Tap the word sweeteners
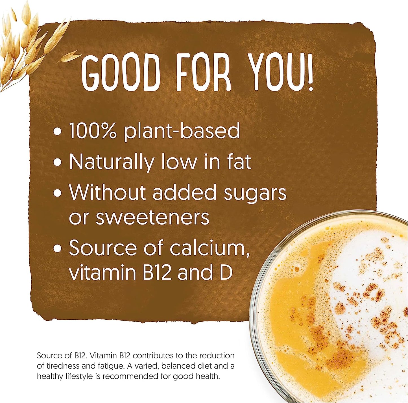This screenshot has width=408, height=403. [152, 217]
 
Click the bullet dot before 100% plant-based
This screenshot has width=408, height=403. [58, 132]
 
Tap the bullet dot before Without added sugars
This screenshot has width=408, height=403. [58, 193]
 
